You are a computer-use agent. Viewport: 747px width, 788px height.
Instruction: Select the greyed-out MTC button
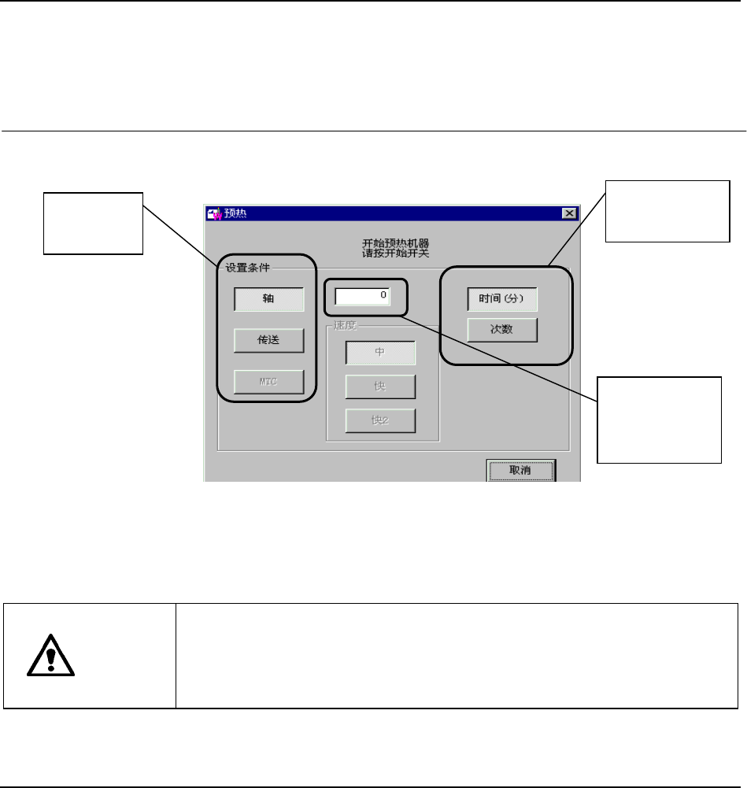click(x=268, y=382)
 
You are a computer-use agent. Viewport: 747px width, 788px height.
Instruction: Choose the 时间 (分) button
click(x=502, y=299)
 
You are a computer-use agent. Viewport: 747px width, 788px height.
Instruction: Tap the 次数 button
click(x=502, y=330)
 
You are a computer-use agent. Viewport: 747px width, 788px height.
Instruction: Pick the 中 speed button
click(x=380, y=353)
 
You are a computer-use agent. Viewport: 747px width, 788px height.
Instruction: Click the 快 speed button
click(x=380, y=387)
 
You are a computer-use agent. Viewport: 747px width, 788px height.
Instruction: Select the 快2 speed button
click(x=380, y=420)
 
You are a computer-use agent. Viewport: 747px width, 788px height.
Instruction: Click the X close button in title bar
click(x=568, y=213)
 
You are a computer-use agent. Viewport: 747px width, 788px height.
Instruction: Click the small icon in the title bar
click(x=213, y=213)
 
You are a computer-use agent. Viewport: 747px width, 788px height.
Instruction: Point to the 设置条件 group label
click(x=248, y=267)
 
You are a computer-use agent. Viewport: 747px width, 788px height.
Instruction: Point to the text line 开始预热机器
click(x=390, y=242)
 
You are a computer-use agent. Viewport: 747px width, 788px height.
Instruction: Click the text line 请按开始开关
click(x=390, y=253)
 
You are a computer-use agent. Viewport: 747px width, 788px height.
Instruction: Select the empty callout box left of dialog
click(x=93, y=223)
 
